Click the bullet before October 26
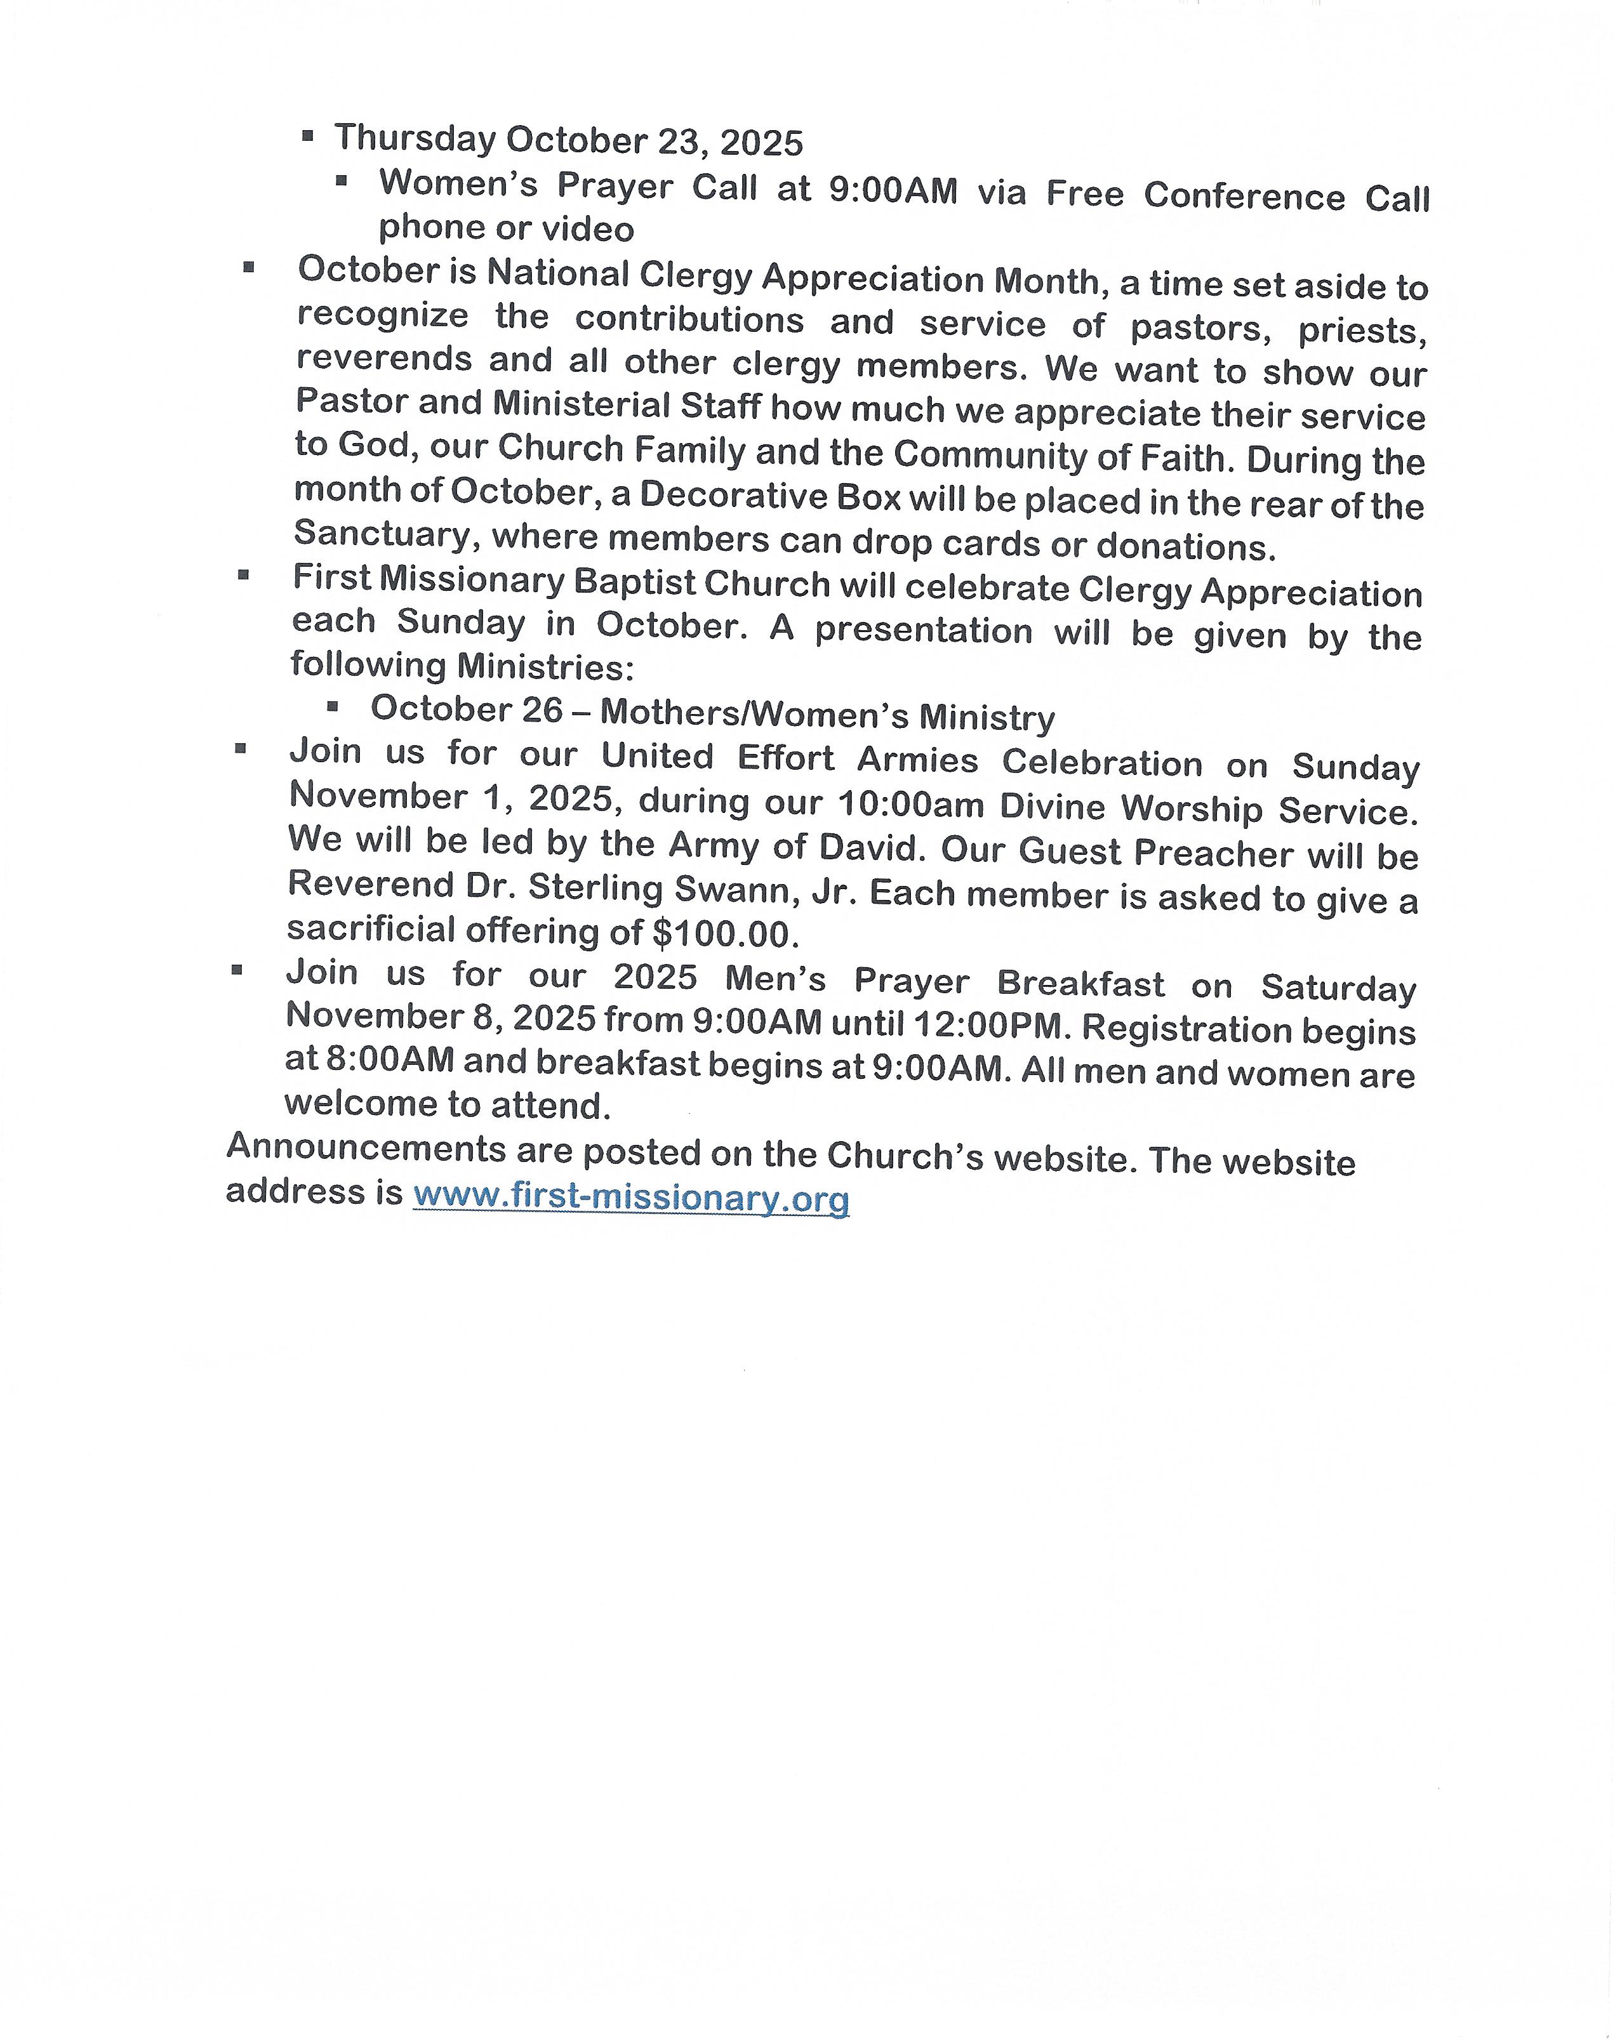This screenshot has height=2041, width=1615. [x=332, y=706]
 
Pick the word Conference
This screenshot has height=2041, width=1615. [x=1244, y=195]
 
